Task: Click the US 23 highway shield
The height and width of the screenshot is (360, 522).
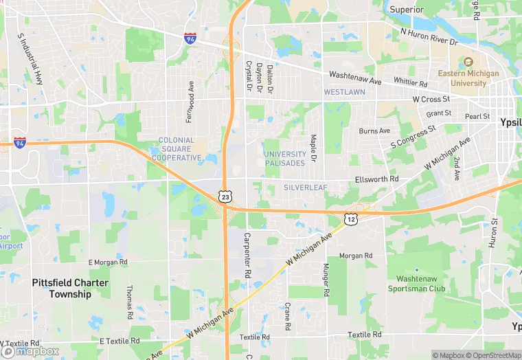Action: coord(225,197)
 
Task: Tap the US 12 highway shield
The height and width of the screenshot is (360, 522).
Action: coord(351,218)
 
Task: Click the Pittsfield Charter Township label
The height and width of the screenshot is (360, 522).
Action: coord(60,288)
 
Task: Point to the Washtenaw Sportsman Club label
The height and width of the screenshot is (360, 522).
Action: coord(421,284)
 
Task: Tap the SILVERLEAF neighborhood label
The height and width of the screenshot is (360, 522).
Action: coord(306,187)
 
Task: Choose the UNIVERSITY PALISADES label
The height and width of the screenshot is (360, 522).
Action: coord(284,159)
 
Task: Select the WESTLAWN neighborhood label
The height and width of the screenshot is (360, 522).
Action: coord(344,91)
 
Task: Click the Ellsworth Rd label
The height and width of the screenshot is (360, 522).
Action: coord(376,179)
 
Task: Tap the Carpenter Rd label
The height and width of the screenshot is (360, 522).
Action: coord(245,255)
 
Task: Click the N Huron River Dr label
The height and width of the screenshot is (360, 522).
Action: coord(429,37)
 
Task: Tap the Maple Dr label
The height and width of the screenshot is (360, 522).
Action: coord(313,148)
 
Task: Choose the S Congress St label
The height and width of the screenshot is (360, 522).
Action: coord(413,136)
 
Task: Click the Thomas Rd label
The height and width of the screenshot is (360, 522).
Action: coord(129,302)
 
